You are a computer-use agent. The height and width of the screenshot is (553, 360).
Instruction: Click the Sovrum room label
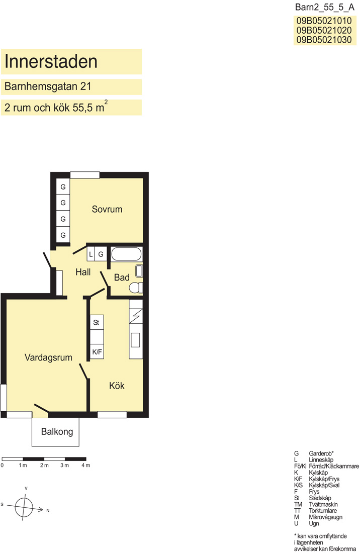[x=107, y=209]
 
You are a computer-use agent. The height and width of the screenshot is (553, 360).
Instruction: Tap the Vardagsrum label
[x=48, y=357]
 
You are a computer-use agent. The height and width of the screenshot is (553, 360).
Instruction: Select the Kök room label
[x=117, y=386]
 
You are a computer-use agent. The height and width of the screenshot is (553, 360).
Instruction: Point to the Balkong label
[x=57, y=432]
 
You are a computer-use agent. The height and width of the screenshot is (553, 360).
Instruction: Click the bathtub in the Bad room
[x=126, y=254]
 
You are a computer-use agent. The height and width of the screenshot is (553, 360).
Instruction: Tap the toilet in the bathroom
[x=136, y=288]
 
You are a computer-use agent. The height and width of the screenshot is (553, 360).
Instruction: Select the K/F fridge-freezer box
[x=97, y=351]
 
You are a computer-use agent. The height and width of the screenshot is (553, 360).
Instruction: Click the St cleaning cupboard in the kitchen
[x=97, y=322]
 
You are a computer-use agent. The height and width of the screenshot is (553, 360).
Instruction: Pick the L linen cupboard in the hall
[x=91, y=254]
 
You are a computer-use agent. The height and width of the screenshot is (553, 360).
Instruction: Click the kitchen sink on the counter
[x=135, y=340]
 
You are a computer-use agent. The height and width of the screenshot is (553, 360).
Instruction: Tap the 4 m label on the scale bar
[x=85, y=466]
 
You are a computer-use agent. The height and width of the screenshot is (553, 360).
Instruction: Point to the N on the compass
[x=48, y=510]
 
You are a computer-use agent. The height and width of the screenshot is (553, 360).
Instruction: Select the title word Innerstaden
[x=51, y=61]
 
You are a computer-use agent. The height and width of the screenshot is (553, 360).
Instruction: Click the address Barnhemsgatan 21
[x=48, y=86]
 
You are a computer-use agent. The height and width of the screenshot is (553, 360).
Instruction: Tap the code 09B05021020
[x=324, y=30]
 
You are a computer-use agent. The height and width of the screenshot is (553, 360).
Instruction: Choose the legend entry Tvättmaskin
[x=323, y=504]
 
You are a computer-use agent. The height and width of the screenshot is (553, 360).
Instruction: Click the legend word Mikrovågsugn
[x=325, y=517]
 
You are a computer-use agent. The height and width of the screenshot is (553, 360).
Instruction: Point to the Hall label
[x=83, y=272]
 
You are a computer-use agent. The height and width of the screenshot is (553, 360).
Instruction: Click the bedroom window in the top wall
[x=85, y=175]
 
